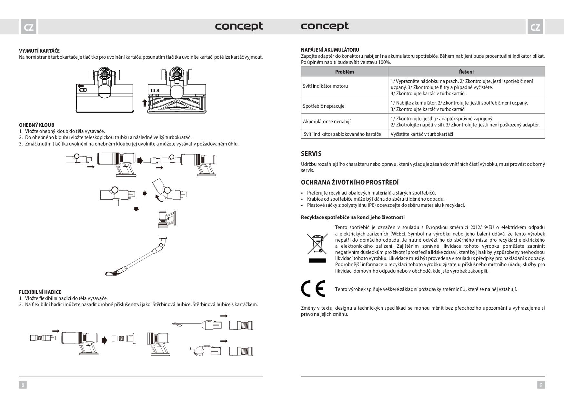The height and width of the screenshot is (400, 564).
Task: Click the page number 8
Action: pos(23,385)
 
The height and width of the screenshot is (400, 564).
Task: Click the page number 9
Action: pos(541,385)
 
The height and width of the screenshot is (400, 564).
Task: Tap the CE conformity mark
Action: pos(313,289)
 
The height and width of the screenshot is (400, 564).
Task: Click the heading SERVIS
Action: pos(311,154)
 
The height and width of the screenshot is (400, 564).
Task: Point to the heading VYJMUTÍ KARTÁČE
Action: pos(39,51)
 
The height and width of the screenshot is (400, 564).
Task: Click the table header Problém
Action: pos(344,72)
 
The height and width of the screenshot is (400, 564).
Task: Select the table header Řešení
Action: pos(466,72)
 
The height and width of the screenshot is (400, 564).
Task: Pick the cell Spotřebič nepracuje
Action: pos(324,106)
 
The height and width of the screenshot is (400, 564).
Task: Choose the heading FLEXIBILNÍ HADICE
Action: pos(40,292)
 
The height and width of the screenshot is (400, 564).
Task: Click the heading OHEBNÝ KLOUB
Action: pos(36,125)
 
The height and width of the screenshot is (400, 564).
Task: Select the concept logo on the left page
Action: pos(239,26)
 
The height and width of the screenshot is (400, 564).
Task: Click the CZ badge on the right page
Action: pos(535,27)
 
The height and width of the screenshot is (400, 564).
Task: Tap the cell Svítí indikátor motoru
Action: pos(325,86)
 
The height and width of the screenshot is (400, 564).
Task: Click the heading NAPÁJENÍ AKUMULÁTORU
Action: pos(330,50)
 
